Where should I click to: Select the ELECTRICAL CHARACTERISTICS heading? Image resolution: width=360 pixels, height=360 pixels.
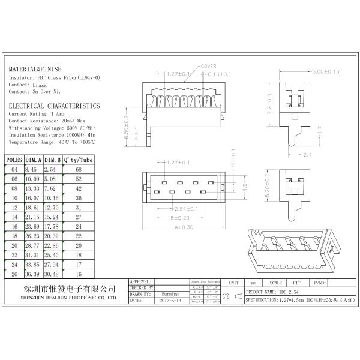(54, 106)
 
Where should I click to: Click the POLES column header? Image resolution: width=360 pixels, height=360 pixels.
(14, 160)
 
